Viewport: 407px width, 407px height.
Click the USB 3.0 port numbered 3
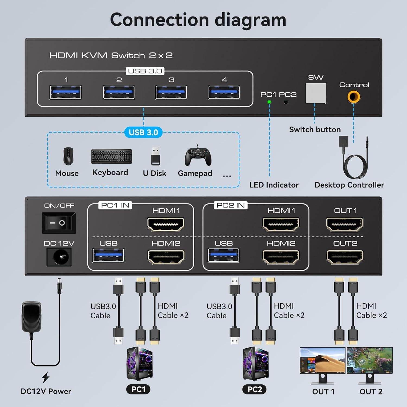coord(171,92)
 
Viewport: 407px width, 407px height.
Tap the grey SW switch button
coord(316,93)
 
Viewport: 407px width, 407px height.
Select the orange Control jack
coord(354,97)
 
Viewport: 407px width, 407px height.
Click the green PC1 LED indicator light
coord(269,102)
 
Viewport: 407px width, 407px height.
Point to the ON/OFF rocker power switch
coord(59,223)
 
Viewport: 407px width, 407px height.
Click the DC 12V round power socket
coord(59,257)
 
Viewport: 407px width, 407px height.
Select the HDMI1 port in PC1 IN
coord(166,224)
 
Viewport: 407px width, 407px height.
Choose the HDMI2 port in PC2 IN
coord(281,257)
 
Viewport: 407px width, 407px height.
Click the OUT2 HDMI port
coord(345,257)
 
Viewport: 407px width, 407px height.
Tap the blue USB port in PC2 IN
coord(223,256)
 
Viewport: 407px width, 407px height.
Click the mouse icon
coord(68,156)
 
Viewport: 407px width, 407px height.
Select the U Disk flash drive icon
coord(155,156)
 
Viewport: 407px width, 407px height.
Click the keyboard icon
coord(112,156)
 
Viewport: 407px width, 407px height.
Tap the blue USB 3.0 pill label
coord(143,132)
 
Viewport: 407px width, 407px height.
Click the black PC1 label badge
coord(138,389)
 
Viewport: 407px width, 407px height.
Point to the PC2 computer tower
coord(256,364)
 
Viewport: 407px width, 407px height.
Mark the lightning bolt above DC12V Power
coord(46,377)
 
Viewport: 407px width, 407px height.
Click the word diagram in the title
coord(250,20)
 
